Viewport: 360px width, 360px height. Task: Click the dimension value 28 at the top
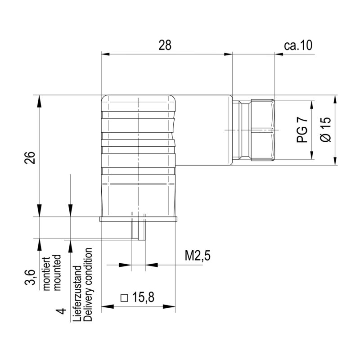coord(165,45)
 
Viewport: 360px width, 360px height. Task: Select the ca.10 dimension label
coord(298,45)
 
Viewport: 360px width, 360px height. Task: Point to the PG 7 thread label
coord(302,130)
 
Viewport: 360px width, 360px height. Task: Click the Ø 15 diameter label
coord(325,130)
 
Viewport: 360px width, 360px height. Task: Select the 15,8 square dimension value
coord(144,297)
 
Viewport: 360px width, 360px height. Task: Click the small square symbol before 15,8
coord(125,298)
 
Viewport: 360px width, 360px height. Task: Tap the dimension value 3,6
coord(29,278)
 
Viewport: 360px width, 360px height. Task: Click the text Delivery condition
coord(88,284)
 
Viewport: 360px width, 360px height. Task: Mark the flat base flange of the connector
coord(138,219)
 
